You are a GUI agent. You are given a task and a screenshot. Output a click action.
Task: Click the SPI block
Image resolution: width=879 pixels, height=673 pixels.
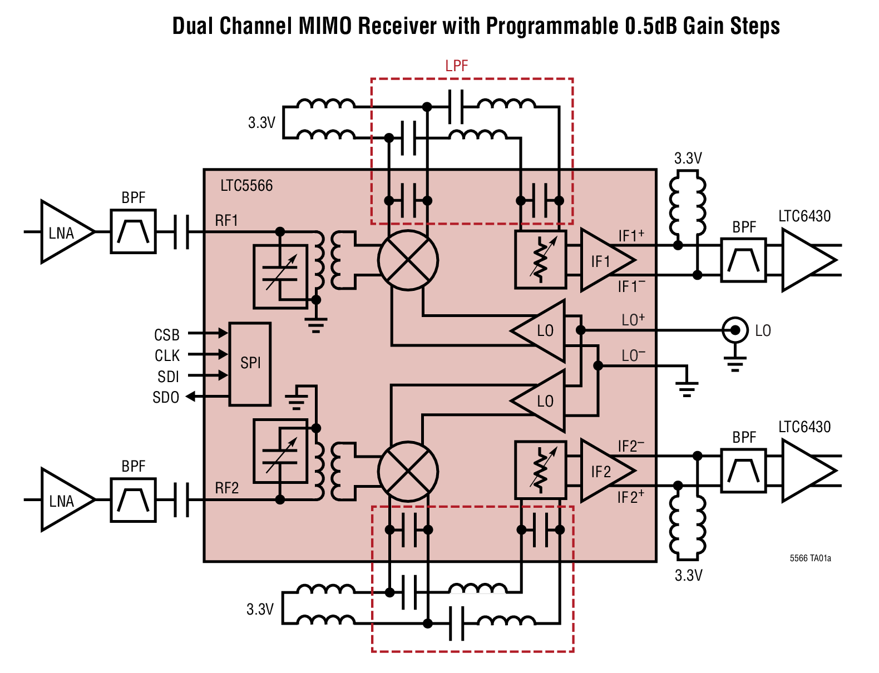click(250, 364)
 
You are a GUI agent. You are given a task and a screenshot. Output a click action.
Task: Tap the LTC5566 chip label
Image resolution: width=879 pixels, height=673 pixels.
click(246, 185)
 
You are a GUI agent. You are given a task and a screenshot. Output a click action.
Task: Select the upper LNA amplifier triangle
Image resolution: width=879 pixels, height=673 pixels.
click(63, 232)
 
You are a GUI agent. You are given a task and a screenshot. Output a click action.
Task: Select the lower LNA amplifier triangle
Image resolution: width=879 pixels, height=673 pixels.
click(63, 500)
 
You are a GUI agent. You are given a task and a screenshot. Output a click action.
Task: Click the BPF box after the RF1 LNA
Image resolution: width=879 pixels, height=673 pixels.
click(133, 231)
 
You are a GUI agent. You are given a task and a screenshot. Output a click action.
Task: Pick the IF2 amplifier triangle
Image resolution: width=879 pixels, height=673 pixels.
click(604, 471)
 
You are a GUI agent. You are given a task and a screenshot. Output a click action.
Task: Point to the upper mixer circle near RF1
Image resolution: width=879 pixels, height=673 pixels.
click(408, 260)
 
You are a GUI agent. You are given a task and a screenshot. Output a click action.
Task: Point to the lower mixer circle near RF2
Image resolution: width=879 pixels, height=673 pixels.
click(408, 471)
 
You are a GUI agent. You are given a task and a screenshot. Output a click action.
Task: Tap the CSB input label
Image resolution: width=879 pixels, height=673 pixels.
click(166, 335)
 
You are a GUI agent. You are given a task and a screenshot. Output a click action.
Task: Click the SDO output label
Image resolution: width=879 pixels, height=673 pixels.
click(166, 397)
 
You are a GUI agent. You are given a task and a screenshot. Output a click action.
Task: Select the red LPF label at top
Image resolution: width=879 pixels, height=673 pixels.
click(456, 66)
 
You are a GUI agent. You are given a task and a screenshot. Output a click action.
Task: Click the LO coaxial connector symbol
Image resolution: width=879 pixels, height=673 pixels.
click(735, 330)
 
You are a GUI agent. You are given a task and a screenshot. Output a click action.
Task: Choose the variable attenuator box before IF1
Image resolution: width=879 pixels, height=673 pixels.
click(540, 260)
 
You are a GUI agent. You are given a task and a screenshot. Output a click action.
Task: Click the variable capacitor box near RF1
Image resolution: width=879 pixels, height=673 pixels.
click(280, 276)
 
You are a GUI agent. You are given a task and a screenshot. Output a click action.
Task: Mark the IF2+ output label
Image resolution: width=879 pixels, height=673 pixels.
click(631, 497)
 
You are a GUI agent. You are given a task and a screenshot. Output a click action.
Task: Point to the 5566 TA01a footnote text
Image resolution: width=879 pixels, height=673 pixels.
click(810, 558)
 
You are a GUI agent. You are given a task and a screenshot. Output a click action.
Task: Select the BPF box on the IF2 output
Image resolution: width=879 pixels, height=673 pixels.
click(743, 471)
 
